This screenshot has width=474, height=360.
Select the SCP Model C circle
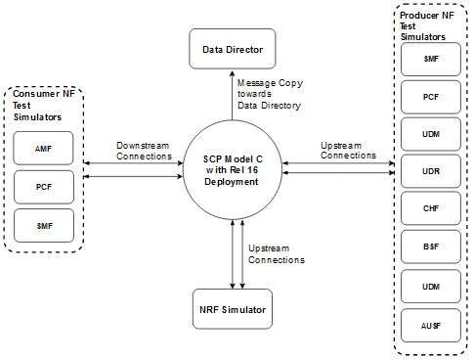pos(231,168)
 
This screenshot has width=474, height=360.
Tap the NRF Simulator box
pos(231,310)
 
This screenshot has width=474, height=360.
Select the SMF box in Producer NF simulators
pos(430,61)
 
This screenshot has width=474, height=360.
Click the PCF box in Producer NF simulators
pos(430,98)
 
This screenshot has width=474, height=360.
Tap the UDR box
pos(430,172)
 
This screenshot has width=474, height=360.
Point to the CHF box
pos(430,209)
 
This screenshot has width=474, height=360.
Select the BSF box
pos(430,247)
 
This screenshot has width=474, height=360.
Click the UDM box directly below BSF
pos(430,285)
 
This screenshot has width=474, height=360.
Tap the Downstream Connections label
pos(143,151)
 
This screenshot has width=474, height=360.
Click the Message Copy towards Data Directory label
pos(268,95)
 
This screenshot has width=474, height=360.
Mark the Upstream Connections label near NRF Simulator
pos(276,254)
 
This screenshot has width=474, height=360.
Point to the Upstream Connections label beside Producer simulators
pos(348,150)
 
